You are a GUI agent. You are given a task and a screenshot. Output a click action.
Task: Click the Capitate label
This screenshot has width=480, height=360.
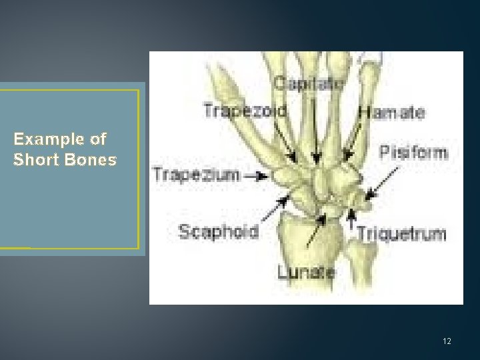(309, 83)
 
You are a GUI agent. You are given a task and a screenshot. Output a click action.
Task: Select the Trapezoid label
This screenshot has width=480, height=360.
(246, 111)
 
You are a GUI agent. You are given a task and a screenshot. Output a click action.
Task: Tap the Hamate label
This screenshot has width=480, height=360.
(391, 113)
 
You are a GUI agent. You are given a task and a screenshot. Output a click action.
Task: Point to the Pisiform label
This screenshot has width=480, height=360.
(413, 153)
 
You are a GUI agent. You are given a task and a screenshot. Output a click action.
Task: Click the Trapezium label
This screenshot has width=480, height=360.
(195, 175)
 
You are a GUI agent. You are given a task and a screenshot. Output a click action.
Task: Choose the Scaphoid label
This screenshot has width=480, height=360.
(218, 231)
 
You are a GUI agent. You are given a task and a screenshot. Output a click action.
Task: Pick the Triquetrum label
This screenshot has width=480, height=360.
(401, 234)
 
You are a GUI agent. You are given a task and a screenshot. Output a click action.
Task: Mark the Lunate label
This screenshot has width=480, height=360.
(307, 272)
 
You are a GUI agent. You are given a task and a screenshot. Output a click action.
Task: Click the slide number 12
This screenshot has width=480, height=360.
(447, 341)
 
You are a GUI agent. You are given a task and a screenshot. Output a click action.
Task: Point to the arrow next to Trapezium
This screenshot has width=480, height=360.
(256, 176)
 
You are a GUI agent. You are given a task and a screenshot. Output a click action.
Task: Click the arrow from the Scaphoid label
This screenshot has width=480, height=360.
(274, 208)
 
